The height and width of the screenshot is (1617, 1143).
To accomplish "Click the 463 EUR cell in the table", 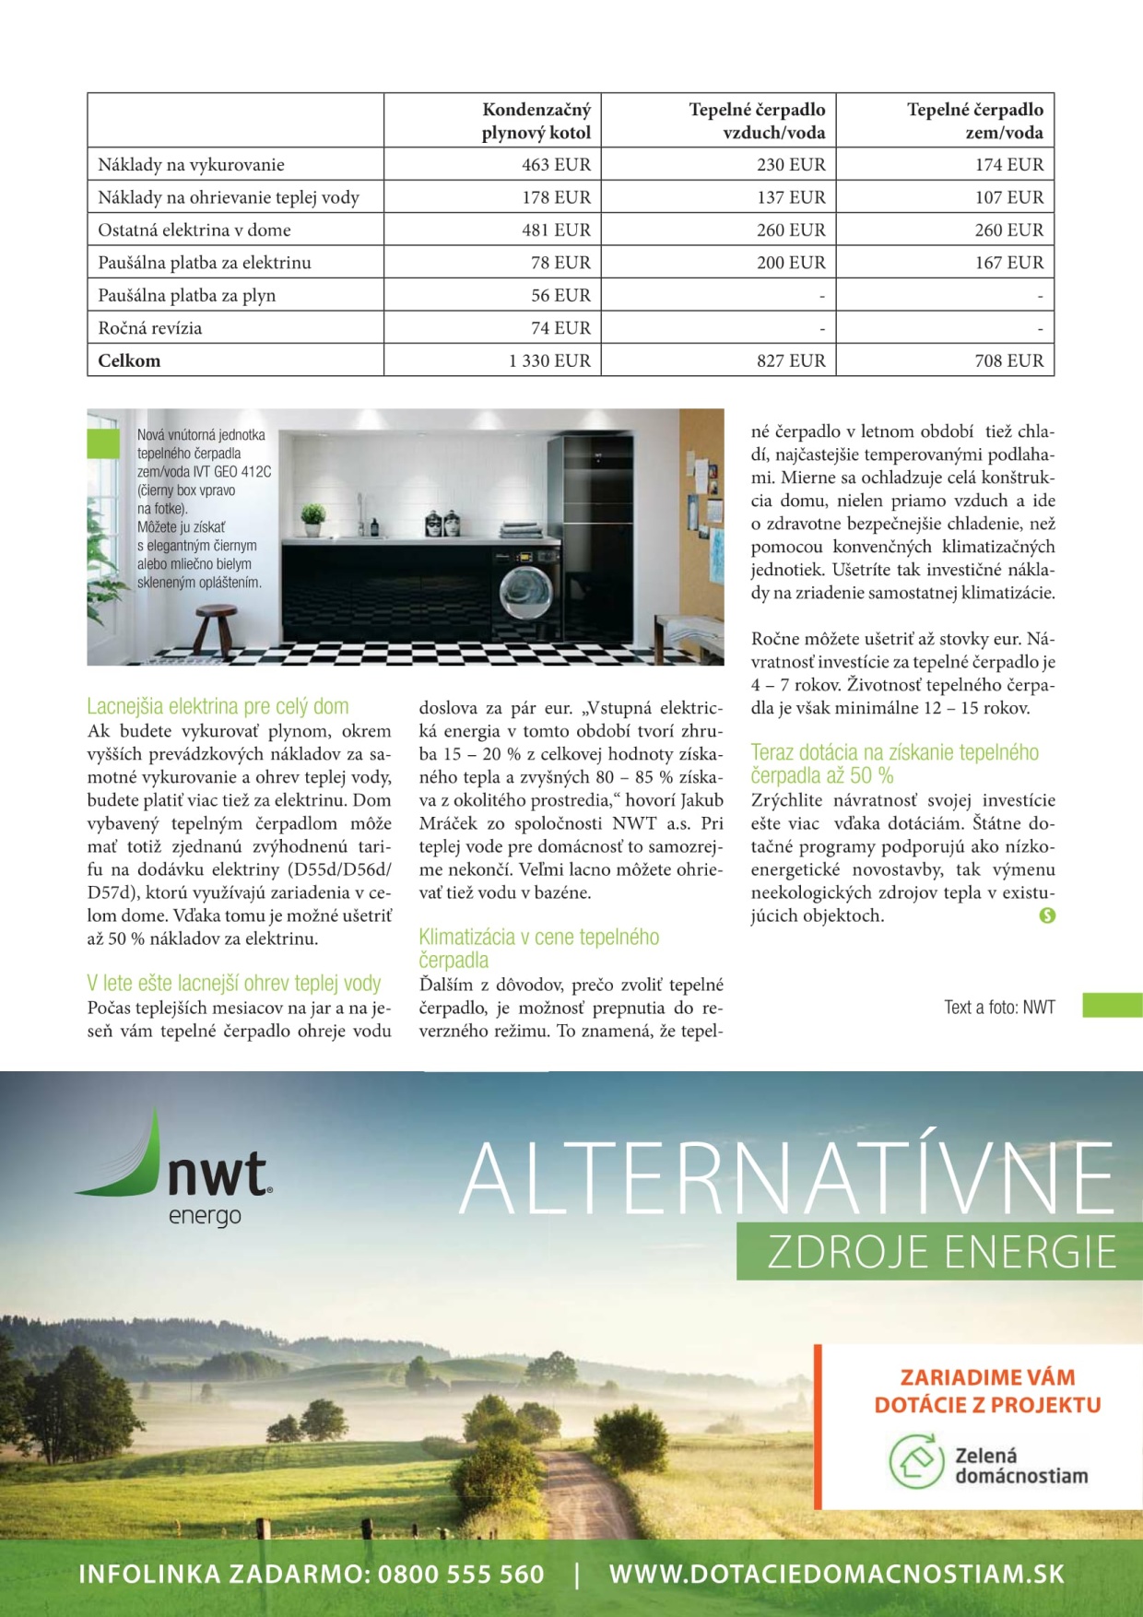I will click(556, 165).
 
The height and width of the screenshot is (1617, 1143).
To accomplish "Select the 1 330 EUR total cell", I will click(549, 360).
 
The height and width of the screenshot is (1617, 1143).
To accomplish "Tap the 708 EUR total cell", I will click(1008, 360).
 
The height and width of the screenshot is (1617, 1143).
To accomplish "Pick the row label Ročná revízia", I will click(150, 328).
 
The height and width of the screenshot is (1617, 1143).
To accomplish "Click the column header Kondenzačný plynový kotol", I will click(536, 121).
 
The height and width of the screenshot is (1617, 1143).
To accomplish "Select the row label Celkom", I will click(129, 360).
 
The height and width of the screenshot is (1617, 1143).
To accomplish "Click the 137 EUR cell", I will click(791, 197).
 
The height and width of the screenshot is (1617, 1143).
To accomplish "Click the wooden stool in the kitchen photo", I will click(216, 627).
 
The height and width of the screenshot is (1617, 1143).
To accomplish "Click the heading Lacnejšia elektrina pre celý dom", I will click(218, 707).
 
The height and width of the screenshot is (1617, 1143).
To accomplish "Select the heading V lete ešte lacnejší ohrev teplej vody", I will click(234, 984).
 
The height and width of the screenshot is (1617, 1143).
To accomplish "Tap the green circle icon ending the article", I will click(1047, 915).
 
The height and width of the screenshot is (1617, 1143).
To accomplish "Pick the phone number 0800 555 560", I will click(461, 1575).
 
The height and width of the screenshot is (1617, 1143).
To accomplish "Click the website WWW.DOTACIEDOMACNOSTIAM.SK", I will click(836, 1575).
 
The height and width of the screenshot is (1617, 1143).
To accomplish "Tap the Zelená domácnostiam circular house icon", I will click(914, 1462).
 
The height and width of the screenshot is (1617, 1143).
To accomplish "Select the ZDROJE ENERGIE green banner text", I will click(940, 1252).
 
